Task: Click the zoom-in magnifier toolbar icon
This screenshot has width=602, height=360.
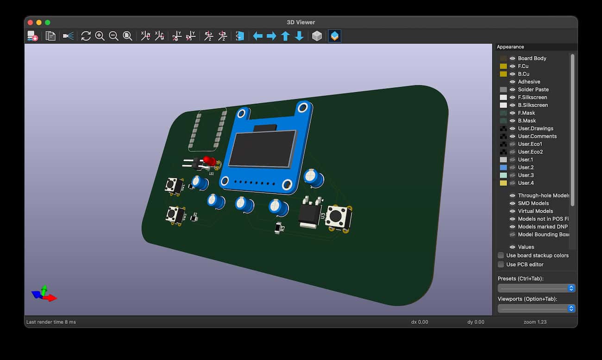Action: pos(100,36)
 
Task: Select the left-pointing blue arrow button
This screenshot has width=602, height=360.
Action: pos(258,36)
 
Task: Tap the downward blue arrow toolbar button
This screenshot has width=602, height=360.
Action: pos(299,36)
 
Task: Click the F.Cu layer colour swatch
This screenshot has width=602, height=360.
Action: pos(503,66)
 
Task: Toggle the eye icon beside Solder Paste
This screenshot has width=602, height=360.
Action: pos(513,89)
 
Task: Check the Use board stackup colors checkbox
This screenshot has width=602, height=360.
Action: pos(501,255)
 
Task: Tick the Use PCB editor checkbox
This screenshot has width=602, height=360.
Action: pos(501,265)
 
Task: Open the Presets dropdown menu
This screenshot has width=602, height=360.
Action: pos(536,288)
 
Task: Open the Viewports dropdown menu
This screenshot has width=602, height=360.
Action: pos(536,308)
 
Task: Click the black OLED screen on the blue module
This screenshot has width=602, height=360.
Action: pos(261,148)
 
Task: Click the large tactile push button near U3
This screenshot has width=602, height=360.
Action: pos(338,217)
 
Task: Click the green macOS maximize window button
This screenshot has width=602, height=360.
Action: pos(48,22)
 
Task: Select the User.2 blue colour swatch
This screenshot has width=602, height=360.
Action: pos(503,167)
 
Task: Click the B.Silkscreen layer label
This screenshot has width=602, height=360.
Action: pos(533,105)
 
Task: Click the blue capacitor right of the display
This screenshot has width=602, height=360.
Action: pos(314,177)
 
